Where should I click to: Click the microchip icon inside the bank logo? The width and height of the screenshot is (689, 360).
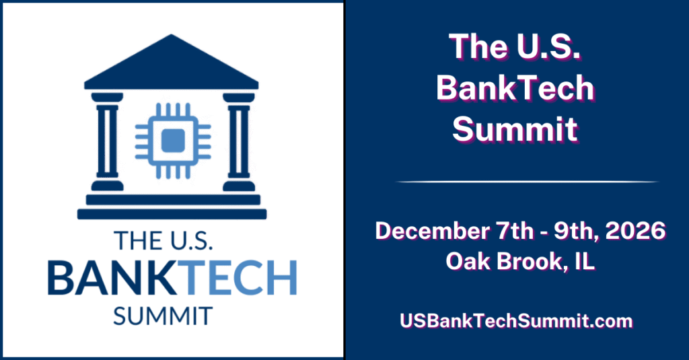pos(173,139)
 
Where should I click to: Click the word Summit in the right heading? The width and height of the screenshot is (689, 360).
pos(515,127)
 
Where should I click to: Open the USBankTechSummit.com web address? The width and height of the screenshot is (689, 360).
pos(516,321)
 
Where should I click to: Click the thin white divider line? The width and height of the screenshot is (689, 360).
pos(526,182)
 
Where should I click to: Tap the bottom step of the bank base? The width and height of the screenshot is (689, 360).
pos(172,214)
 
